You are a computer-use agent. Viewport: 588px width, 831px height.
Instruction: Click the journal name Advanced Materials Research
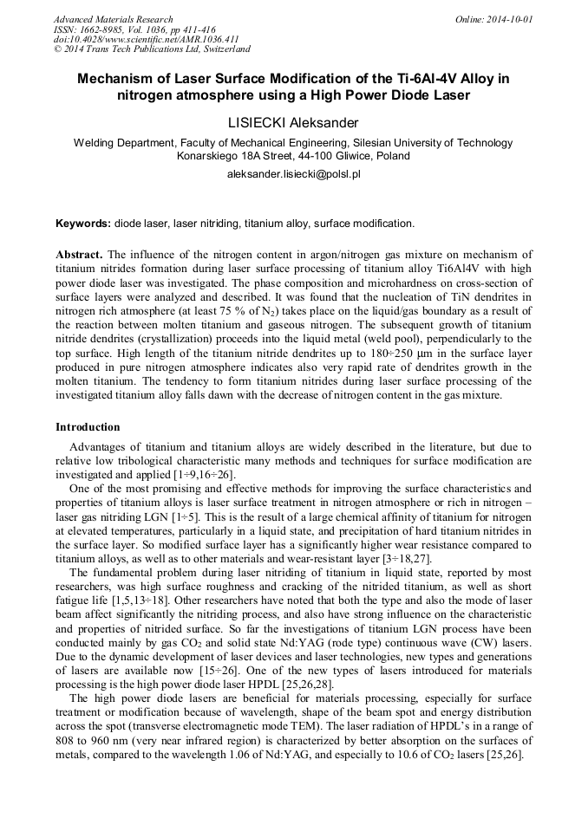[113, 19]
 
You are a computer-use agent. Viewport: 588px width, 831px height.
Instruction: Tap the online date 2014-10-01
[510, 19]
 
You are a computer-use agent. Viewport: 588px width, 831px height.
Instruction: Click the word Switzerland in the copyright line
[225, 50]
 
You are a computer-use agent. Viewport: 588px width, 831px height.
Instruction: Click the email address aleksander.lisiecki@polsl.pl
[293, 174]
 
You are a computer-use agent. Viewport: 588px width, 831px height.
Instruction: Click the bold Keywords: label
[83, 224]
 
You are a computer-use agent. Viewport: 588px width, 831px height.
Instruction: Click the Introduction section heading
[88, 427]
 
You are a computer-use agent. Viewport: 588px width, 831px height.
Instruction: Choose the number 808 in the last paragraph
[68, 741]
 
